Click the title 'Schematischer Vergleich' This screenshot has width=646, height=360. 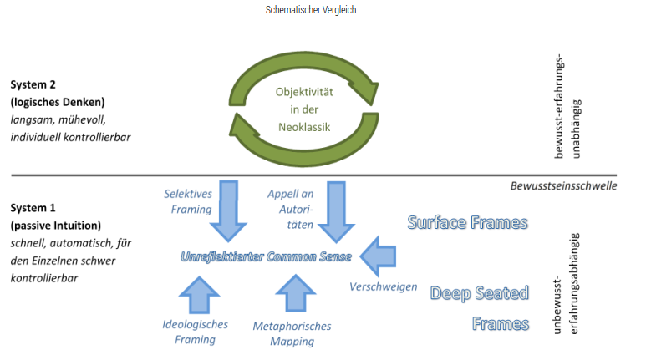pyautogui.click(x=322, y=10)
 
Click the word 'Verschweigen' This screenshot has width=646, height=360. pyautogui.click(x=383, y=286)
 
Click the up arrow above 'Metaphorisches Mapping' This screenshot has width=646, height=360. pyautogui.click(x=295, y=295)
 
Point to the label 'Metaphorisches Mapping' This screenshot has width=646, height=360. pyautogui.click(x=292, y=333)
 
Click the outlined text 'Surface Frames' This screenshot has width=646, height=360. pyautogui.click(x=467, y=222)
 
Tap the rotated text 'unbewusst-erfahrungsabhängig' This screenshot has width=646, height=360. pyautogui.click(x=564, y=284)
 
